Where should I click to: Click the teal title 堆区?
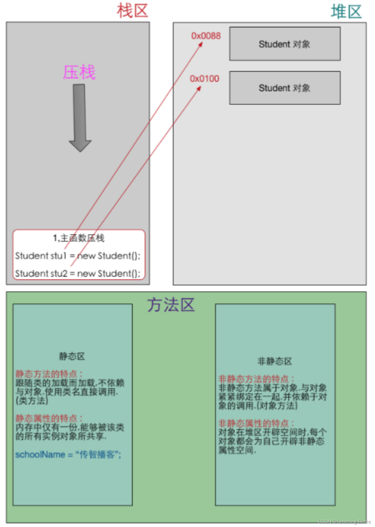pos(346,12)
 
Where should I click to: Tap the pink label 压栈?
pos(79,72)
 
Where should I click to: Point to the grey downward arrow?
pos(80,117)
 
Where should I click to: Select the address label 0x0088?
pos(206,36)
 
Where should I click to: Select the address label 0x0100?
pos(204,79)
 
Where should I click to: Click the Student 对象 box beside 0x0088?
pos(285,44)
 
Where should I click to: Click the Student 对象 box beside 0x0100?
pos(285,88)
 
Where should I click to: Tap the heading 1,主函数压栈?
pos(79,238)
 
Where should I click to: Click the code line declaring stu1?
pos(78,256)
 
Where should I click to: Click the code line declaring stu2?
pos(78,273)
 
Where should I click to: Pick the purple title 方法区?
pos(171,305)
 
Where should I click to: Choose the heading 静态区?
pos(72,356)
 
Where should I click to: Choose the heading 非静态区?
pos(274,361)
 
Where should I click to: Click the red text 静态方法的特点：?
pos(49,374)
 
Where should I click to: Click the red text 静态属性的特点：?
pos(49,418)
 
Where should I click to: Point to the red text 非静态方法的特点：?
pos(256,379)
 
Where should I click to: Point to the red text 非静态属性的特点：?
pos(256,423)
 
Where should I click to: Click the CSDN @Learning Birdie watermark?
pos(344,522)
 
